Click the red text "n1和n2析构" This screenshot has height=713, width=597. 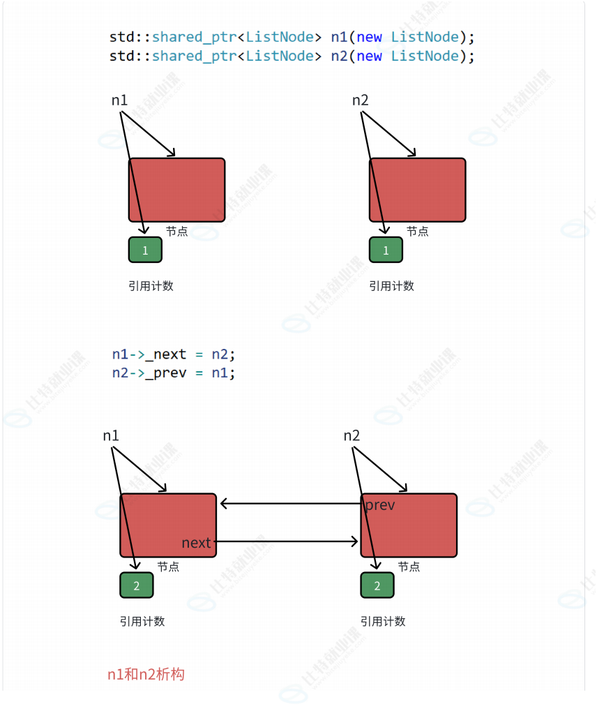tap(146, 674)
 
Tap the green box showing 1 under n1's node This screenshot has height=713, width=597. tap(145, 250)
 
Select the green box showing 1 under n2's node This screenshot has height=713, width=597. tap(386, 250)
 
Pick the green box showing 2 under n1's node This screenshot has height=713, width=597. tap(137, 585)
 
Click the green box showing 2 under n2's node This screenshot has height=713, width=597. tap(377, 585)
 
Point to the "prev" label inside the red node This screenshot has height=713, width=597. tap(380, 505)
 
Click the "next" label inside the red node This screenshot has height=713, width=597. tap(196, 543)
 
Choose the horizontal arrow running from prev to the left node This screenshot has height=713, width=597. tap(289, 503)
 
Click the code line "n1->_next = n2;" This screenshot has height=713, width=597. tap(174, 354)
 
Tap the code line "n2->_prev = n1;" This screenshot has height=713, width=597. tap(174, 373)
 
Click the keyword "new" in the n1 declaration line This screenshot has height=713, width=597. tap(369, 37)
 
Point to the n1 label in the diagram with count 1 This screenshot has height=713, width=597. tap(119, 100)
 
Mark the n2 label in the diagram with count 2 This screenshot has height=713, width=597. tap(352, 435)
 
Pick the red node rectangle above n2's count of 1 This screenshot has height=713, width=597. tap(417, 190)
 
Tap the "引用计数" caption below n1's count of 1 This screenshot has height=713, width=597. tap(151, 285)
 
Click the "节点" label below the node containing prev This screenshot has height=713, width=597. tap(409, 566)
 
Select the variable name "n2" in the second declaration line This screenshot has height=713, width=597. tap(338, 56)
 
